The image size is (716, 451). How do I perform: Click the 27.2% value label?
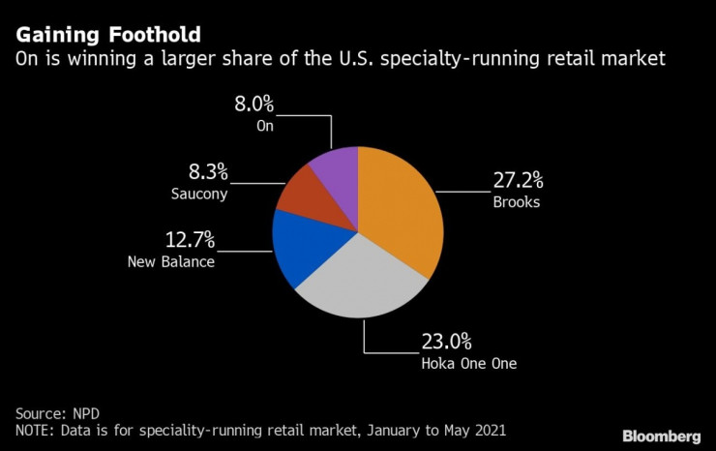(518, 180)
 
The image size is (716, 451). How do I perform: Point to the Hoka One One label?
(468, 364)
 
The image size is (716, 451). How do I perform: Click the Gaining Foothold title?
(107, 35)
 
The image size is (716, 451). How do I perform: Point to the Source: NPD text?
(57, 410)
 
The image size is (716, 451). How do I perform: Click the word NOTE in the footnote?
(34, 429)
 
